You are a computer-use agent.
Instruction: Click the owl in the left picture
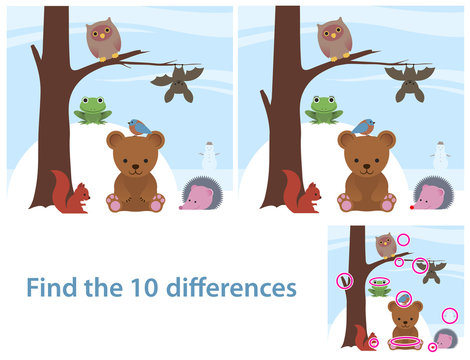pos(102,41)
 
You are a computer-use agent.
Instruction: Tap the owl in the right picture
pos(334,41)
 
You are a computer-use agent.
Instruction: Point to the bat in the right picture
pos(409,83)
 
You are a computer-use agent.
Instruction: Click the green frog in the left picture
pos(93,109)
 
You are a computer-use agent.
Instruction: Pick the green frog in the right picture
pos(324,108)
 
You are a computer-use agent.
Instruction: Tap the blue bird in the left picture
pos(138,127)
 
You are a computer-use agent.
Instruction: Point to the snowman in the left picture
pos(209,155)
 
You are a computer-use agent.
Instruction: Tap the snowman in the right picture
pos(440,155)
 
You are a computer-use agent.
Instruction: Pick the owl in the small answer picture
pos(386,242)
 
